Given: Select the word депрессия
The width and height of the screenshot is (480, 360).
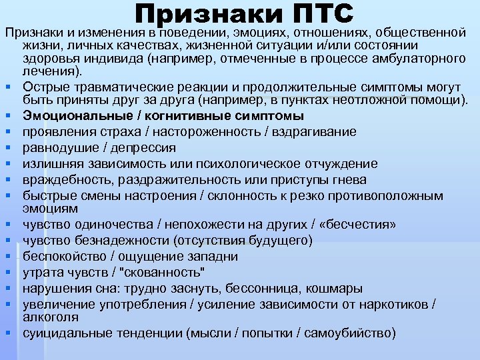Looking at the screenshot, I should [142, 148].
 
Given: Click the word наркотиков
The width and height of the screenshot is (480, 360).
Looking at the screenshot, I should [395, 304].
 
